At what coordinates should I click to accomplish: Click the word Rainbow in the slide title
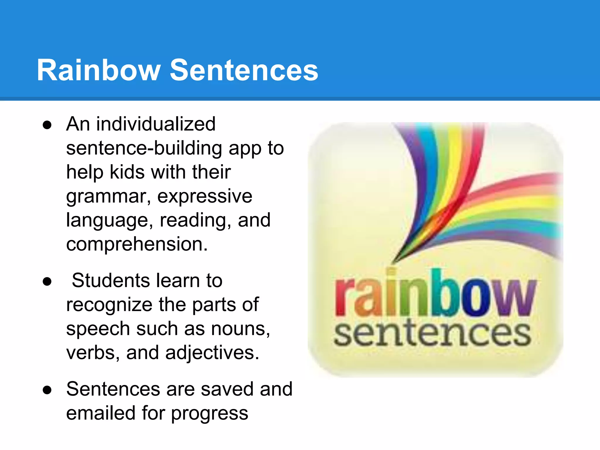(98, 70)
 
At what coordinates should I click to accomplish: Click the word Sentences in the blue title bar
(244, 70)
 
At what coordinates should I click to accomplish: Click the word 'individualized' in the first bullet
(156, 124)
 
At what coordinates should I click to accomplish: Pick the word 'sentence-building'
(144, 148)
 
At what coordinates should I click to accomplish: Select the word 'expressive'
(205, 196)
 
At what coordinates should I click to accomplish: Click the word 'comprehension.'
(137, 244)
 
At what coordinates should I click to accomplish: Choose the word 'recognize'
(109, 305)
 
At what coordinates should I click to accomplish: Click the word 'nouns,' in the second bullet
(241, 329)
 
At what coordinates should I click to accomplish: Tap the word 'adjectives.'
(212, 353)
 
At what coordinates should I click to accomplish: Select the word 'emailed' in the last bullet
(100, 413)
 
